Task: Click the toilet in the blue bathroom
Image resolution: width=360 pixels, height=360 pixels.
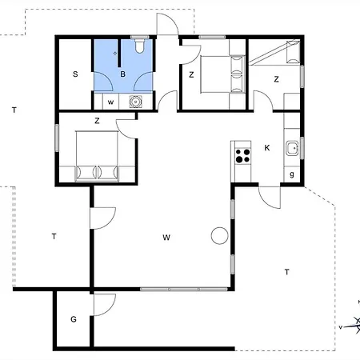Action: click(140, 46)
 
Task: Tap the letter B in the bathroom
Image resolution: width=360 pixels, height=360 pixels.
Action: click(122, 74)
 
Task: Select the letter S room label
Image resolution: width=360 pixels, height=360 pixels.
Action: click(75, 74)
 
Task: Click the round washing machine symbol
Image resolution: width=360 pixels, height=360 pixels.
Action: click(136, 102)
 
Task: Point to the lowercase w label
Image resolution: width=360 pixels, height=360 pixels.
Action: click(110, 102)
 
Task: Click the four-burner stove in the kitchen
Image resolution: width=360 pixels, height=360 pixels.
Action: click(242, 156)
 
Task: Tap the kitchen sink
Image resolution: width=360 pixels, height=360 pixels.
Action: click(293, 149)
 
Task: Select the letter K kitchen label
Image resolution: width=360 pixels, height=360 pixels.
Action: click(267, 148)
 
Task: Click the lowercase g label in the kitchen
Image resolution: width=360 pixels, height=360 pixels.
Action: click(292, 174)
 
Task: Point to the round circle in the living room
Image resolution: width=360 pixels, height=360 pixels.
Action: click(219, 235)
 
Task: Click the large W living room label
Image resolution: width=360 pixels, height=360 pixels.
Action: click(166, 238)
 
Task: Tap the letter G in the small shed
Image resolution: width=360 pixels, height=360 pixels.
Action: click(74, 319)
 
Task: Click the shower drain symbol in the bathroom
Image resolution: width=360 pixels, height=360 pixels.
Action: click(115, 53)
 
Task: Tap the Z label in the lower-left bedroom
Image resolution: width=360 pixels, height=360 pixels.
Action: click(97, 121)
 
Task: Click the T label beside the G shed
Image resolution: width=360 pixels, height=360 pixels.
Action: click(54, 236)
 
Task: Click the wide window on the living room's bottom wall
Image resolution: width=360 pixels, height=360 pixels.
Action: click(184, 289)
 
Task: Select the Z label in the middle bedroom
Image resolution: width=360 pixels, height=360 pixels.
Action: click(191, 75)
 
